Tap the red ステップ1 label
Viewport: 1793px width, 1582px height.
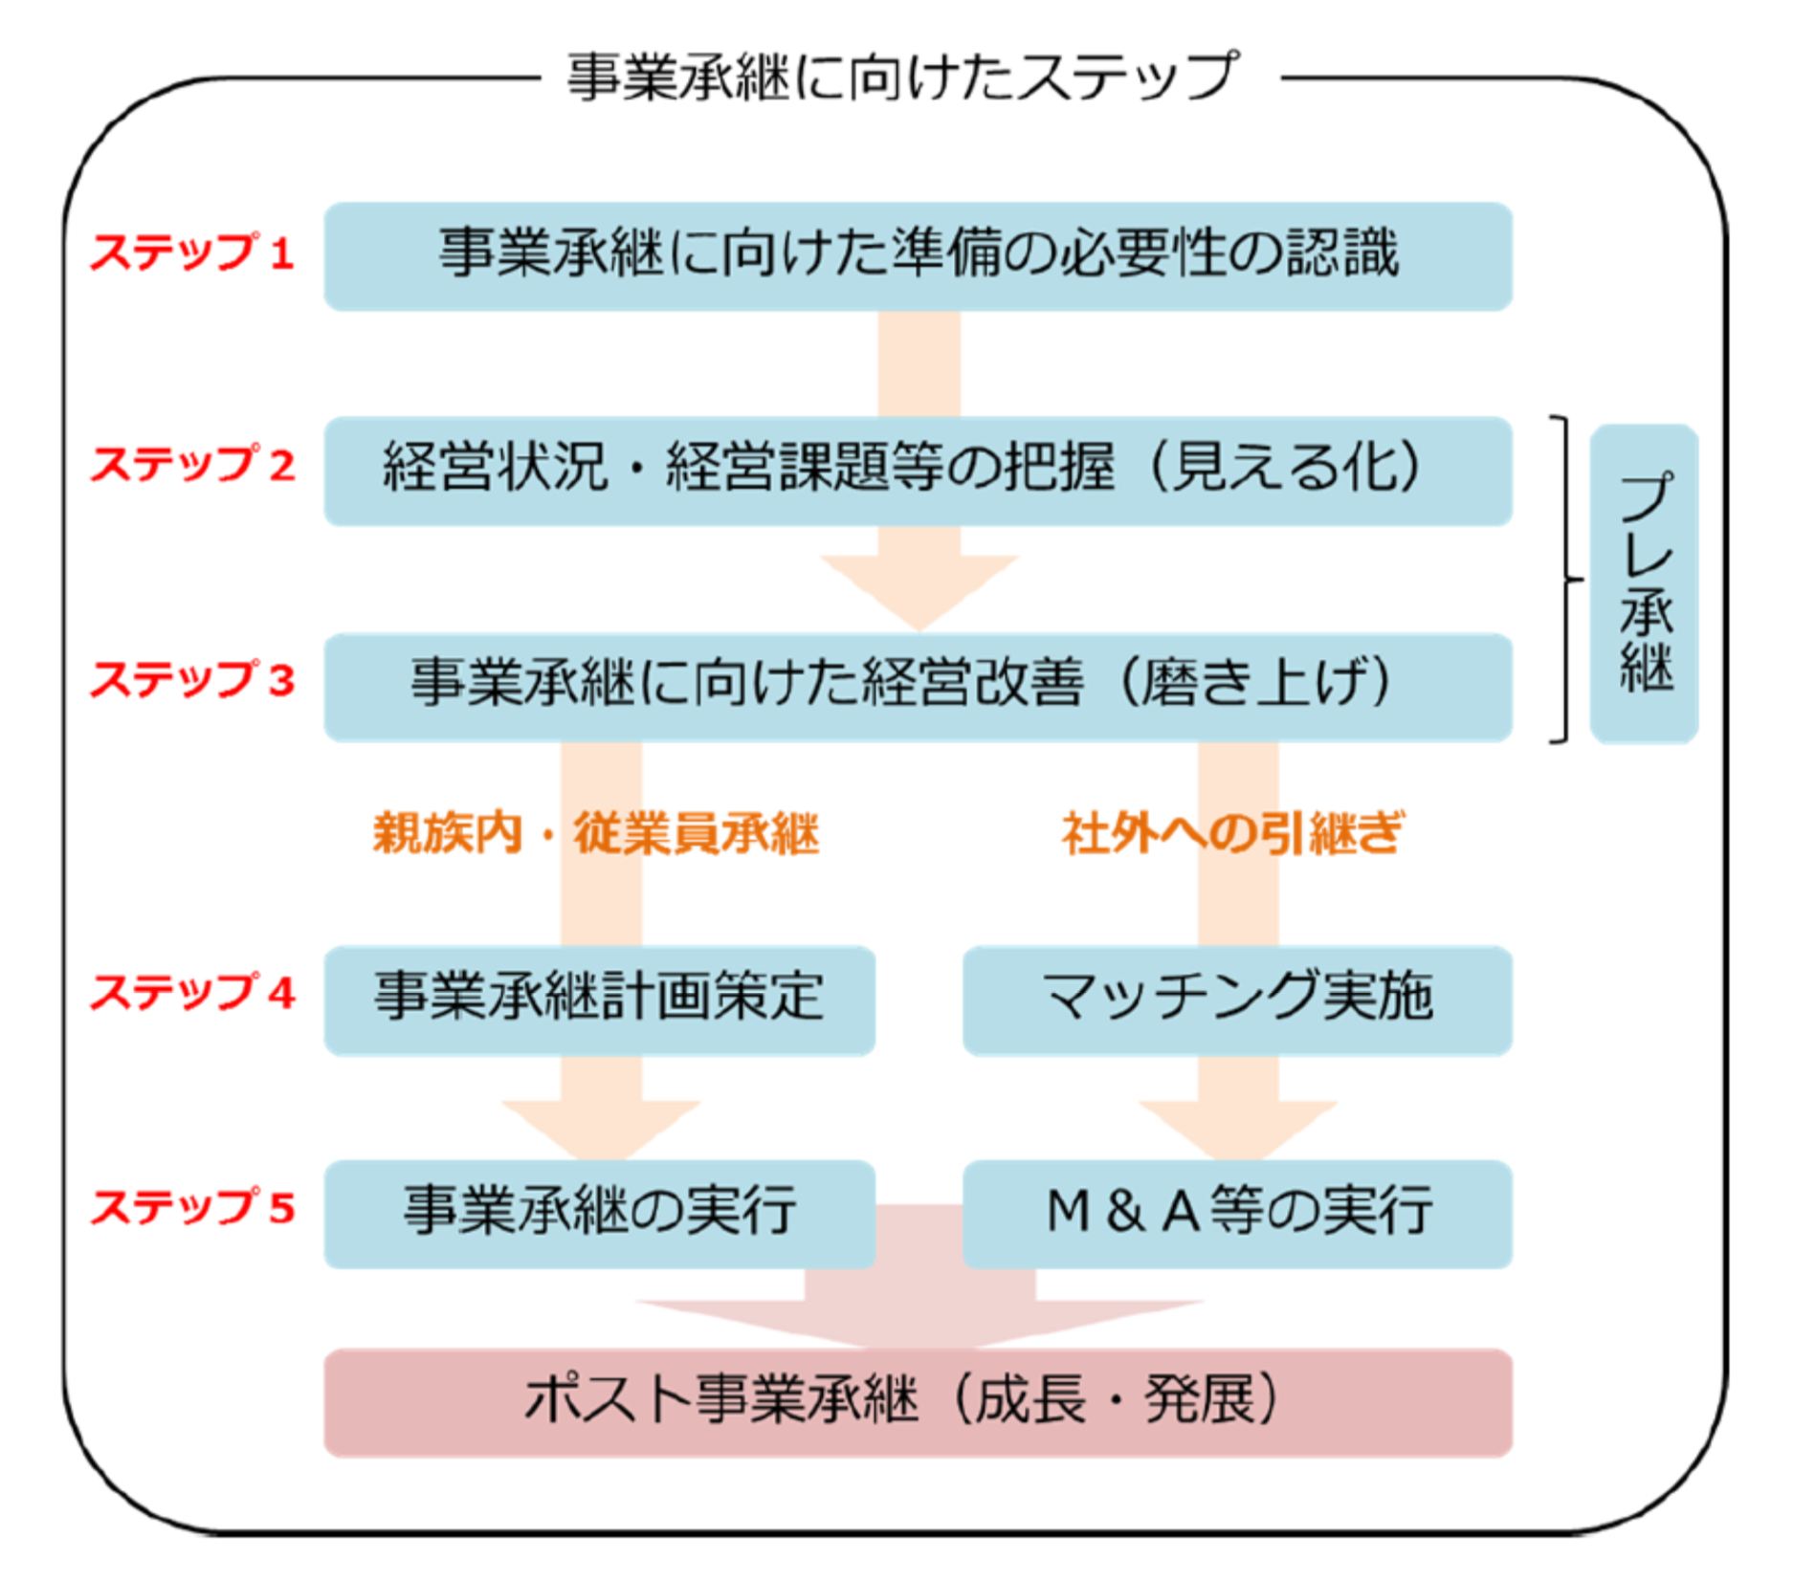coord(191,253)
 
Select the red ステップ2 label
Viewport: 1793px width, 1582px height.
coord(191,466)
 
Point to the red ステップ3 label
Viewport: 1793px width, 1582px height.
coord(191,681)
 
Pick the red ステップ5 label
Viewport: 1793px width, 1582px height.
coord(191,1207)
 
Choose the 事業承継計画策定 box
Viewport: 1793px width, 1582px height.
coord(599,1000)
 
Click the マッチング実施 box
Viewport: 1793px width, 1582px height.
coord(1236,1000)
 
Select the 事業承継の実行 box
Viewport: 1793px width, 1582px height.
coord(599,1213)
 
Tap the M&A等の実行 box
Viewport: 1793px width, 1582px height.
coord(1236,1213)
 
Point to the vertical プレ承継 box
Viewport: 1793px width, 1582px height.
coord(1643,582)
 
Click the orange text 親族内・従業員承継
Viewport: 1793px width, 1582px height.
coord(595,832)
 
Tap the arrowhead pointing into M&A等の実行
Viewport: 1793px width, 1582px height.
coord(1237,1129)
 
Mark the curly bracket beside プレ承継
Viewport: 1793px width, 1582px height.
coord(1565,579)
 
